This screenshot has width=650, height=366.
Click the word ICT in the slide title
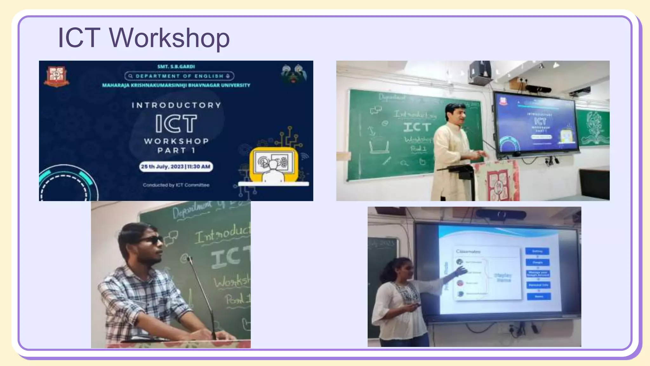pos(79,38)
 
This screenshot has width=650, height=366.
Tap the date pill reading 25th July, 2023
pos(176,166)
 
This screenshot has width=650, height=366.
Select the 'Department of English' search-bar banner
pos(179,76)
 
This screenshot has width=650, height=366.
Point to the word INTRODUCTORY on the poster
pos(176,105)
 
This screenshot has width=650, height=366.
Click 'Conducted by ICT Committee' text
pos(176,185)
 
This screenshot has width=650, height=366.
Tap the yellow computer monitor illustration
pos(274,164)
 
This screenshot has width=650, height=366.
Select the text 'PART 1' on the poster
pos(176,150)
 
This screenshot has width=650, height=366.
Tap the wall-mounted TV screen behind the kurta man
pos(536,124)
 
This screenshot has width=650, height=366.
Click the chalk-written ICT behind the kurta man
pos(417,127)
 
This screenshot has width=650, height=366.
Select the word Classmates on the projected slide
pos(468,251)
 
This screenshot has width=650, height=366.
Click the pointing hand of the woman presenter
pos(461,271)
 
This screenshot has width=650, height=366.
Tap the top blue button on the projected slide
pos(537,251)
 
